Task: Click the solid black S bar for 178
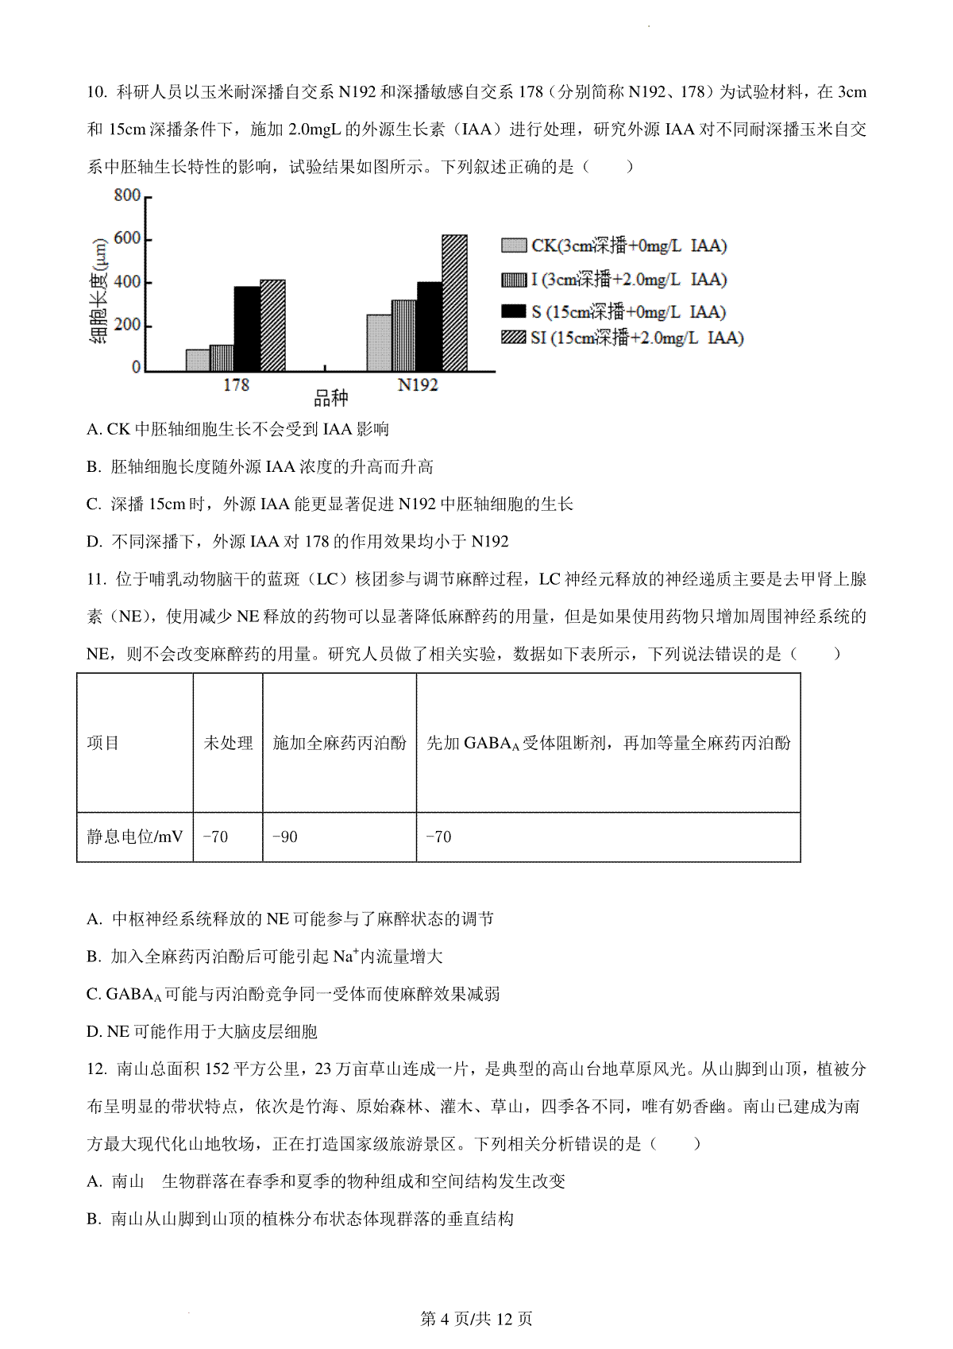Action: pyautogui.click(x=247, y=329)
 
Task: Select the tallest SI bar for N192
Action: pyautogui.click(x=454, y=303)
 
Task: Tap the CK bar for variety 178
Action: pyautogui.click(x=198, y=360)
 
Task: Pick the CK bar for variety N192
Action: pyautogui.click(x=379, y=342)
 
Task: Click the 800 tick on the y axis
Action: pyautogui.click(x=127, y=195)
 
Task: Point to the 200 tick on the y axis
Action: pyautogui.click(x=127, y=325)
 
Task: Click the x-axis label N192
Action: pyautogui.click(x=418, y=385)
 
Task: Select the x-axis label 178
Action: pyautogui.click(x=236, y=385)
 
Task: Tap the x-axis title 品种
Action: pyautogui.click(x=331, y=397)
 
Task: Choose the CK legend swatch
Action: pyautogui.click(x=514, y=245)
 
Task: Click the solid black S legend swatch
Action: pyautogui.click(x=514, y=311)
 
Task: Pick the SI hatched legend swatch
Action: pyautogui.click(x=514, y=338)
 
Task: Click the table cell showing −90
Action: pyautogui.click(x=284, y=837)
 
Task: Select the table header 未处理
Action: pyautogui.click(x=228, y=743)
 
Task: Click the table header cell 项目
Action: pyautogui.click(x=103, y=743)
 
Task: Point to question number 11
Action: pyautogui.click(x=96, y=579)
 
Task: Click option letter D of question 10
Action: pyautogui.click(x=95, y=542)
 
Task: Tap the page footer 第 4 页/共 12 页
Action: pyautogui.click(x=476, y=1319)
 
